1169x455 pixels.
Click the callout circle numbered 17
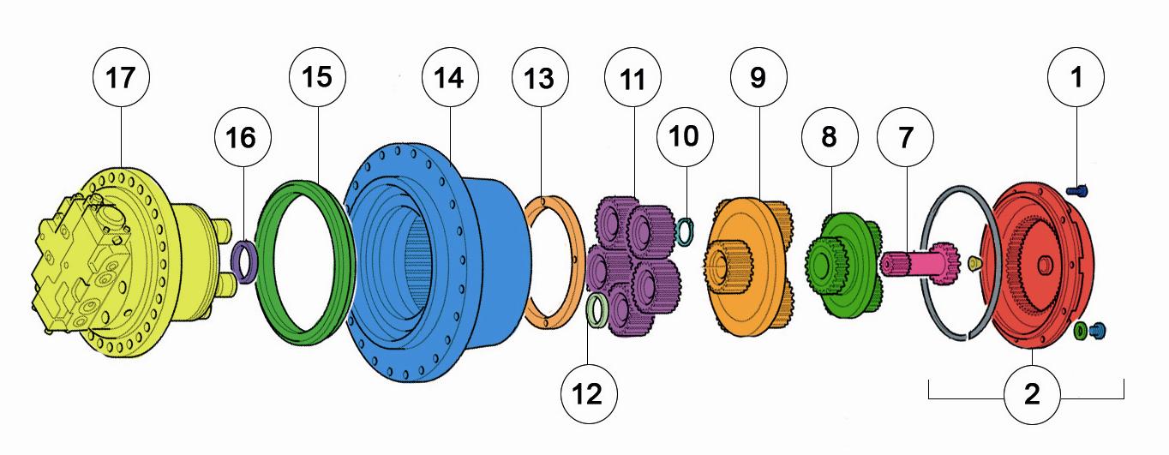pos(121,78)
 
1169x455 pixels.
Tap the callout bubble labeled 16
pos(243,137)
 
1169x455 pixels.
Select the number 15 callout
pos(317,77)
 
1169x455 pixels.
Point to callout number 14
pos(450,77)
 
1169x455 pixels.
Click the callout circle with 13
pos(540,78)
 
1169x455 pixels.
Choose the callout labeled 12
pos(589,394)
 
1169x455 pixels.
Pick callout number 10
pos(685,136)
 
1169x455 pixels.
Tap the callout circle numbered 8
pos(830,137)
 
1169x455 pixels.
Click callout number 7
pos(905,137)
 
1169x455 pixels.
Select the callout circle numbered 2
pos(1032,395)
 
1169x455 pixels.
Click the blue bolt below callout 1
pos(1076,191)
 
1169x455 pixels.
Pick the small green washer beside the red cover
pos(1080,330)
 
